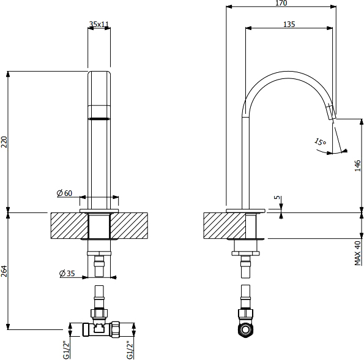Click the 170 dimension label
281,3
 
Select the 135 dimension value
289,24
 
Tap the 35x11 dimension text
99,24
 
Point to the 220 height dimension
4,142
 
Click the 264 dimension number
4,271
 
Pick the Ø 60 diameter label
64,193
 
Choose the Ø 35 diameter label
67,274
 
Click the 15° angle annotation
321,141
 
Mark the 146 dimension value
358,165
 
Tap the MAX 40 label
358,253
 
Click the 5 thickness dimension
277,197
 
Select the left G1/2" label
67,350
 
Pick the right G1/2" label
130,350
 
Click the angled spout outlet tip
332,114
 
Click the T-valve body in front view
101,329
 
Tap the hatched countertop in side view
225,226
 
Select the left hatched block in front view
69,226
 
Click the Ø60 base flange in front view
99,211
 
